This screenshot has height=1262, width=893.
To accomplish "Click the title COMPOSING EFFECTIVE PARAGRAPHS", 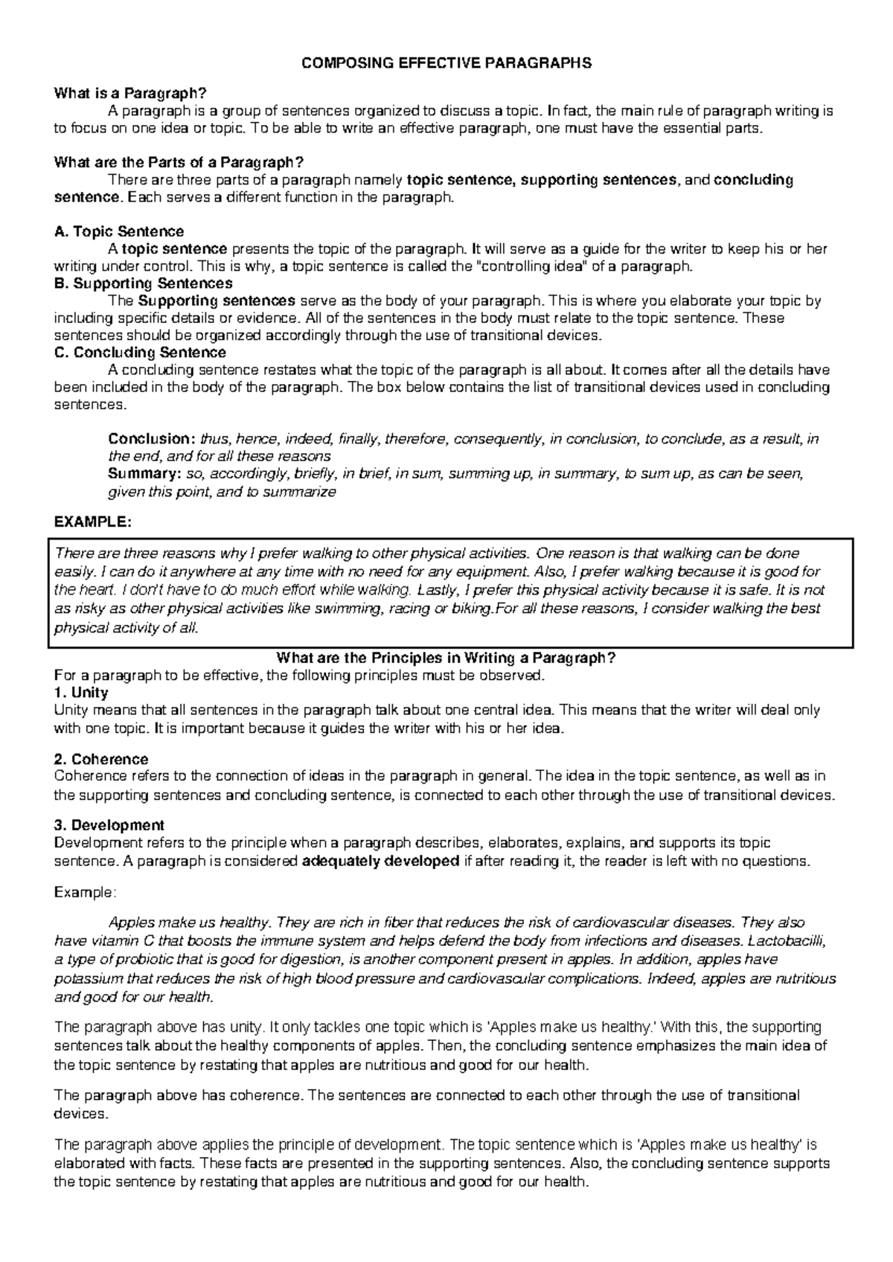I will tap(446, 63).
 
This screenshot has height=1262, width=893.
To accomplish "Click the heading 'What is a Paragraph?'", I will tap(129, 94).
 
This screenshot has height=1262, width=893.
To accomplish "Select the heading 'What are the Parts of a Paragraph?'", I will tap(180, 163).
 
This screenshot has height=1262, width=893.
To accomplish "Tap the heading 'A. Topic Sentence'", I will tap(119, 231).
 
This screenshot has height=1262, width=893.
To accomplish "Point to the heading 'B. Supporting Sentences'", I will tap(144, 284).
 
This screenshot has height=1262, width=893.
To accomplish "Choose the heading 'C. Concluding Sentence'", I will tap(141, 352).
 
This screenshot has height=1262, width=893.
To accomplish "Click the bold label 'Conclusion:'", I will tap(152, 439).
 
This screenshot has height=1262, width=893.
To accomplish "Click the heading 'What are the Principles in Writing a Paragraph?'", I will tap(446, 658).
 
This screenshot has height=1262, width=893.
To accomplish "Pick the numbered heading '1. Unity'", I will tap(81, 693).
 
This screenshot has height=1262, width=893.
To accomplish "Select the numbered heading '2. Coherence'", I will tap(101, 760).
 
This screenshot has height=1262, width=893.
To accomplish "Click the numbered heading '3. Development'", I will tap(109, 825).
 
